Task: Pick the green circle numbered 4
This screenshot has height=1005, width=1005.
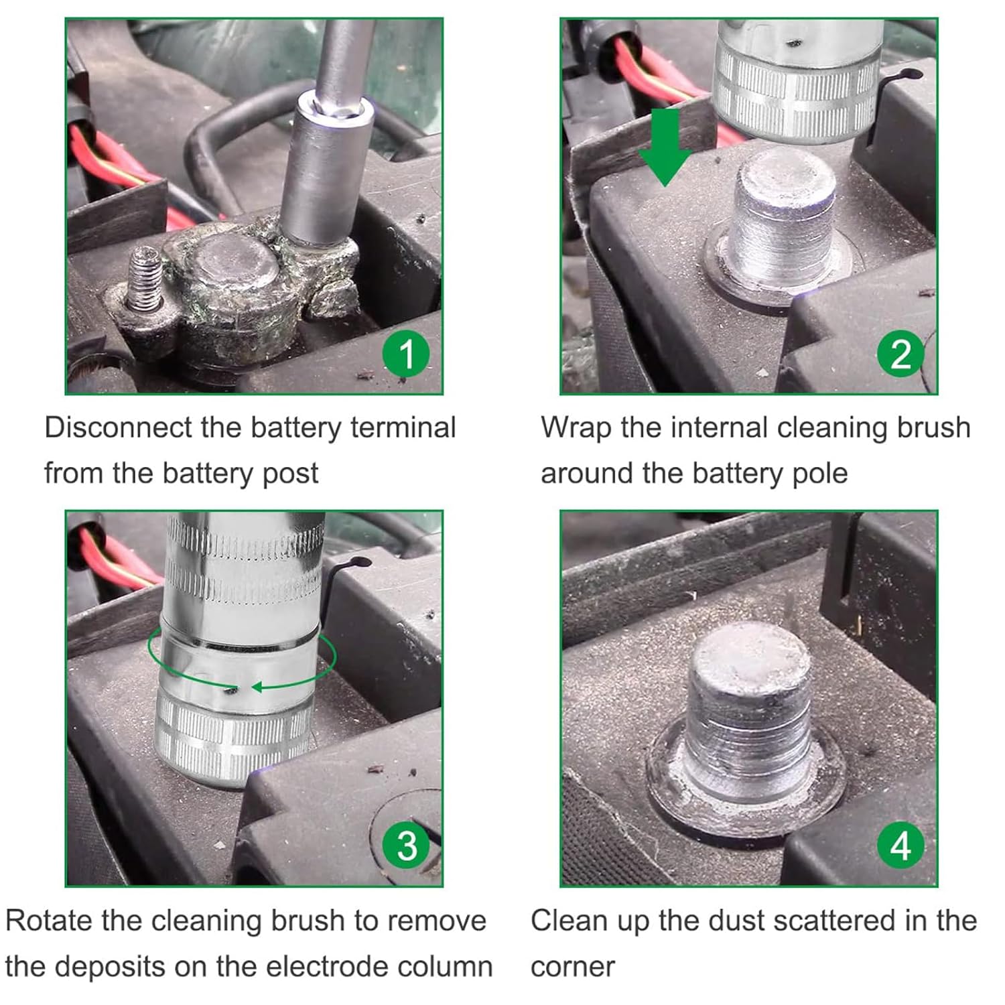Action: [901, 846]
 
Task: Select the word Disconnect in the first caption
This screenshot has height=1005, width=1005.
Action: [118, 427]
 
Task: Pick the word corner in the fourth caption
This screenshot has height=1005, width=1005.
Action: [573, 967]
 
